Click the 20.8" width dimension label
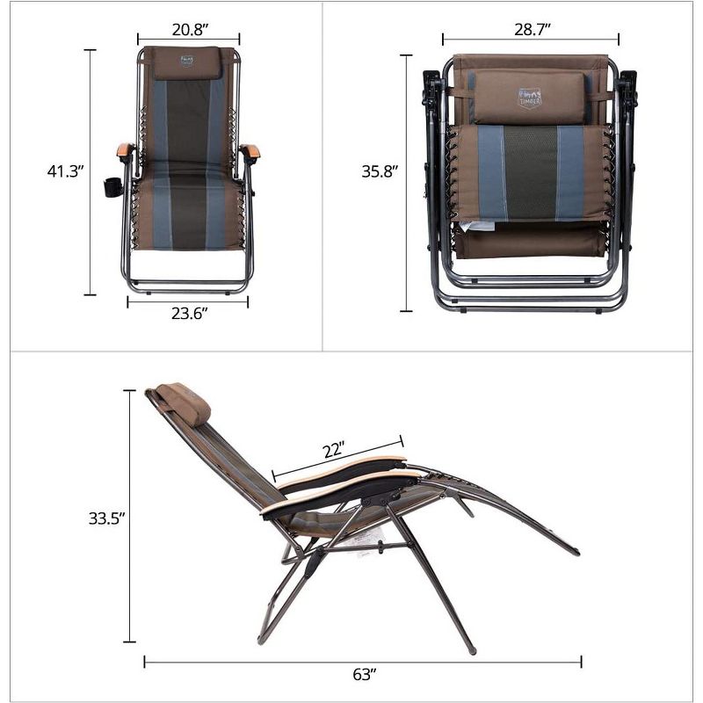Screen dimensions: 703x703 pos(189,30)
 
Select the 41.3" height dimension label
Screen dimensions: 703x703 pos(65,171)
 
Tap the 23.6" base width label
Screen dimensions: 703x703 pos(188,315)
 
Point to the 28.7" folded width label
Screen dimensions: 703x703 pos(531,30)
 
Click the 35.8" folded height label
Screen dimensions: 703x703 pos(380,171)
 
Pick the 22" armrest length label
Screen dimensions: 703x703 pos(333,450)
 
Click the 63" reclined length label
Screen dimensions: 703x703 pos(362,675)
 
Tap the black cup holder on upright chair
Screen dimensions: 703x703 pos(112,187)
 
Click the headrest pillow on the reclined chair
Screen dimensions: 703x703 pos(185,402)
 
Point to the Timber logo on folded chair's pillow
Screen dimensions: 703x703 pos(530,97)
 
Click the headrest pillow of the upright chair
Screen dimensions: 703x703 pos(187,63)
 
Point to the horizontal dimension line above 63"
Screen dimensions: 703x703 pos(362,661)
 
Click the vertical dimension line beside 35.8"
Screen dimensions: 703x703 pos(406,183)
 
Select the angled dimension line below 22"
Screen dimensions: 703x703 pos(337,460)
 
